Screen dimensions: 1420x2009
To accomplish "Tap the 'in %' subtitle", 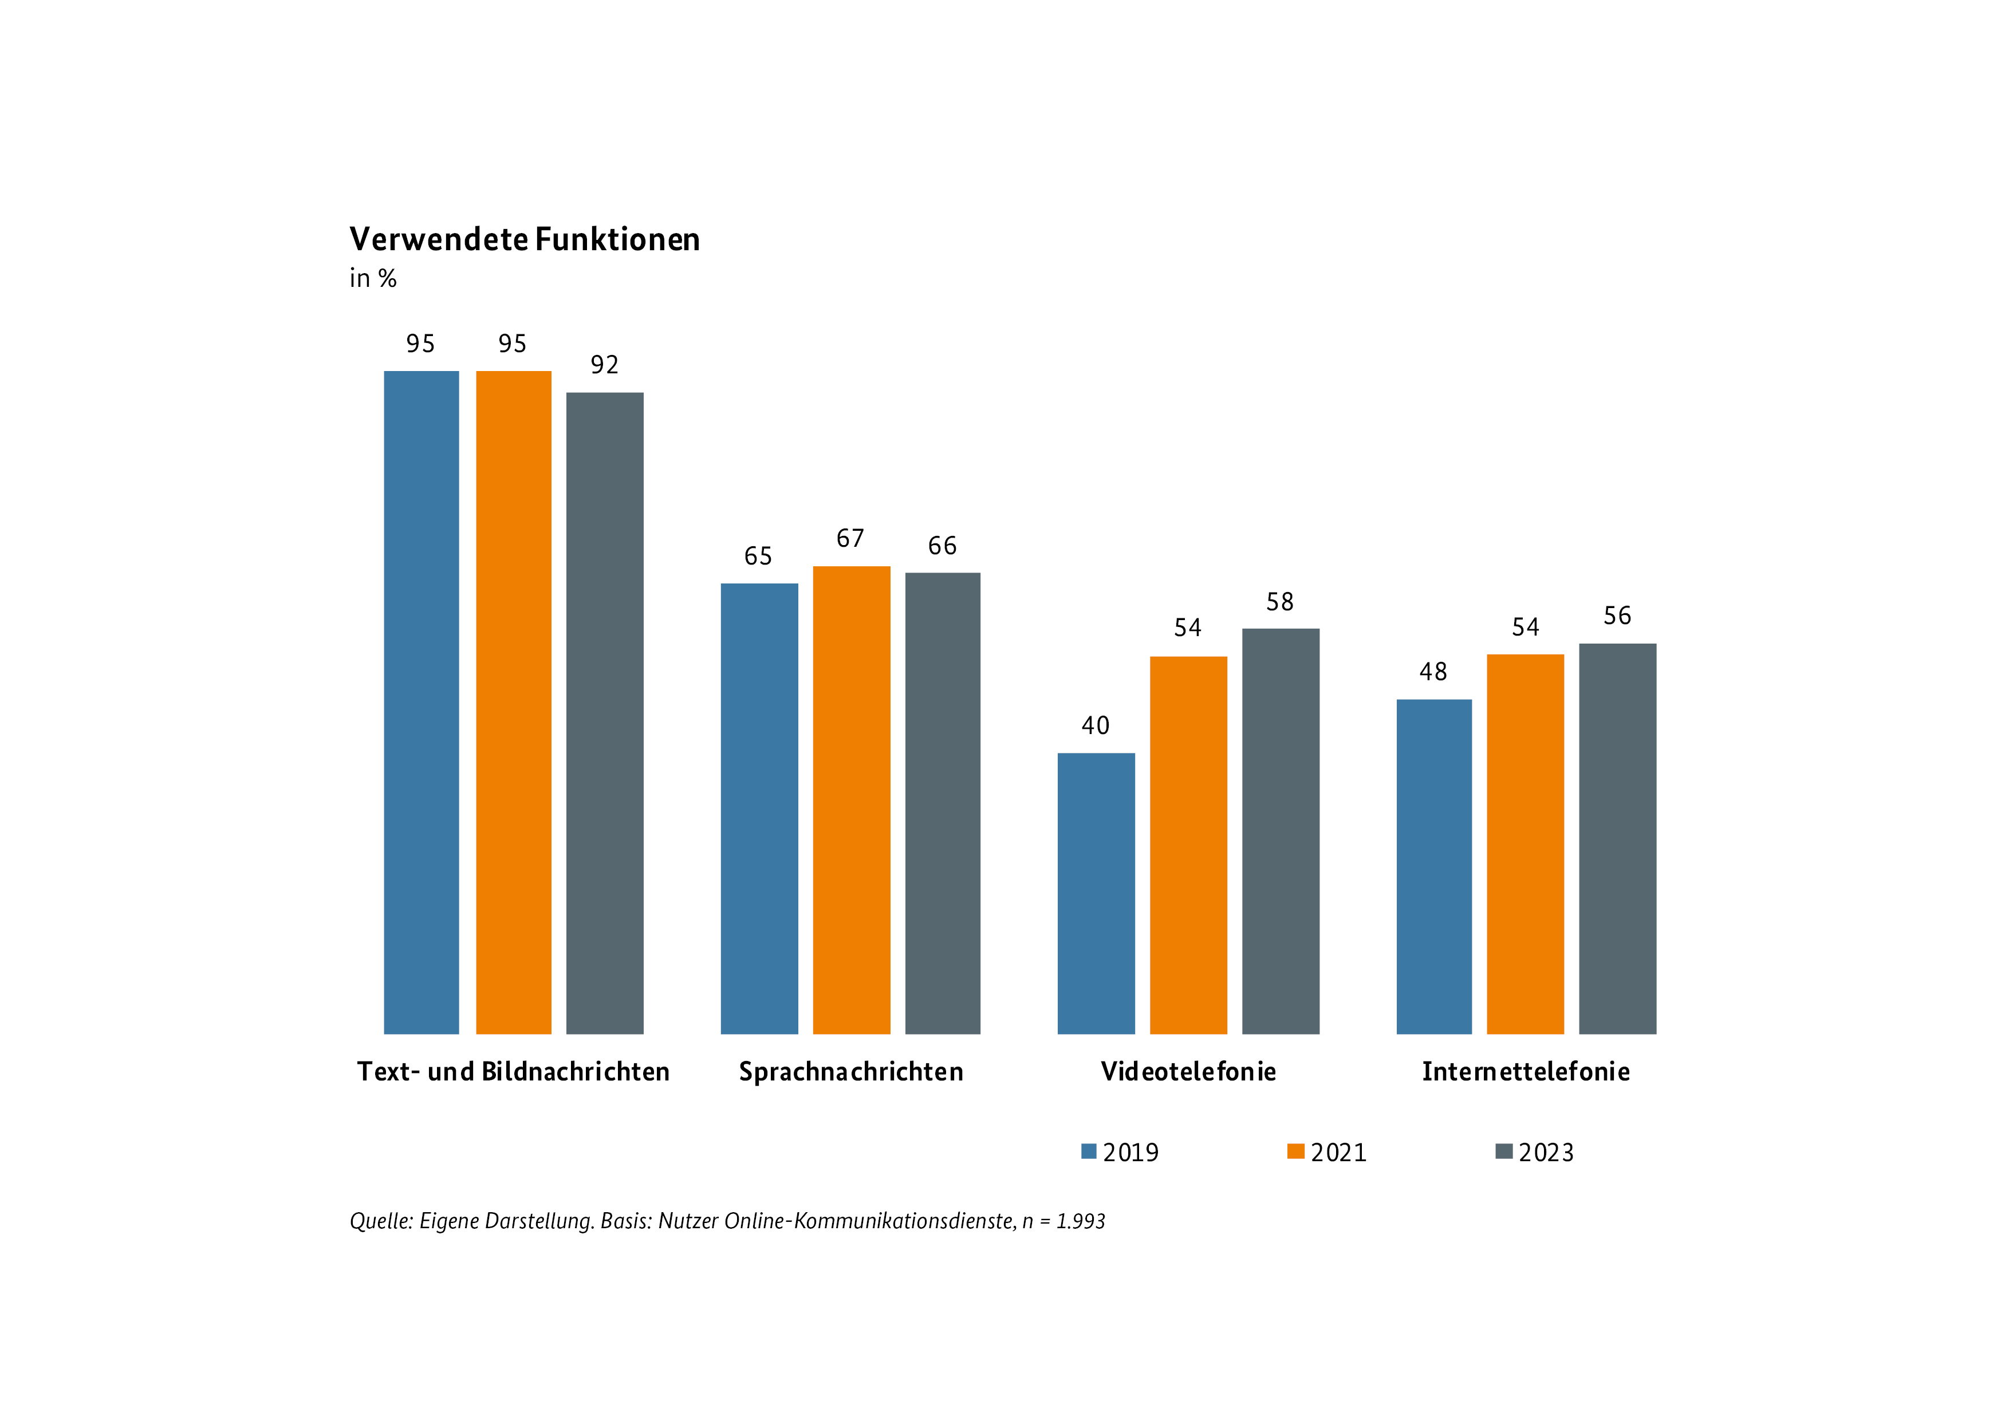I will click(373, 278).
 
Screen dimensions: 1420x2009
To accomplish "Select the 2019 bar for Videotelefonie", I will click(1096, 893).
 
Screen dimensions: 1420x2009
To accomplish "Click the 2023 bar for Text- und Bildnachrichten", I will click(605, 712).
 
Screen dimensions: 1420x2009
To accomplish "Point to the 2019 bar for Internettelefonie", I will click(1433, 866).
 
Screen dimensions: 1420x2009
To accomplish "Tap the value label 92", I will click(605, 365).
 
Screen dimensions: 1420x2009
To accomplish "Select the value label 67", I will click(850, 538).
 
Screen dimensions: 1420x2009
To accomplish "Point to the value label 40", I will click(1096, 725).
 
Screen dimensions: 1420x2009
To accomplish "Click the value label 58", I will click(1280, 602).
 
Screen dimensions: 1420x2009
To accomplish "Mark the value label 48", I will click(1433, 672).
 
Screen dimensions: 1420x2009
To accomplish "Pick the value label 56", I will click(1617, 616).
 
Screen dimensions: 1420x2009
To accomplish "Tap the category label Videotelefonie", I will click(1188, 1072).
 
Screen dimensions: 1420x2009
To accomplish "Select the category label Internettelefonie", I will click(1526, 1072).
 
